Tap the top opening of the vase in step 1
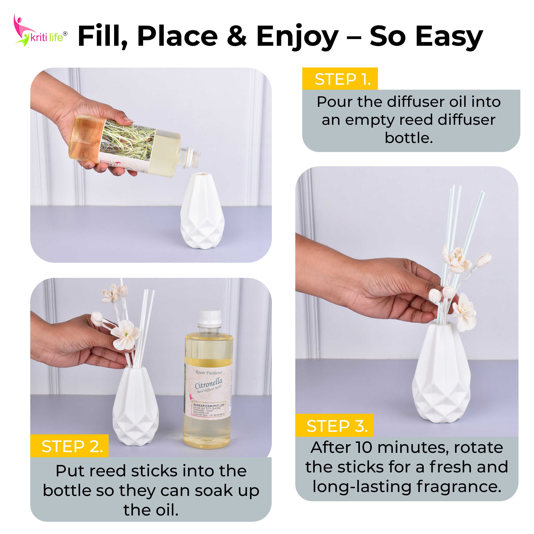203,175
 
